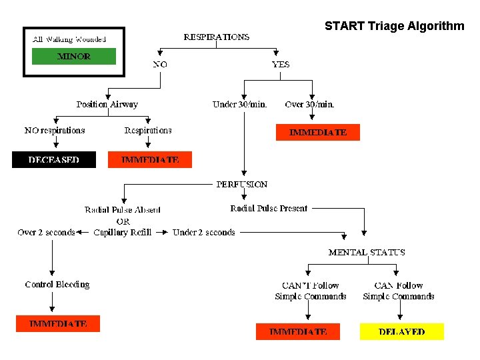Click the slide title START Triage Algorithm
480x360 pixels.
(x=394, y=26)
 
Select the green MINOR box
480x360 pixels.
(x=74, y=56)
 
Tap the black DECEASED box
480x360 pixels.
(x=53, y=160)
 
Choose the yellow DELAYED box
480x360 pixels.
(x=401, y=331)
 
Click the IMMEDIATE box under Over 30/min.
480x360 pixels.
(x=317, y=132)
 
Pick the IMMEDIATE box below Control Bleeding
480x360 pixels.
(x=58, y=323)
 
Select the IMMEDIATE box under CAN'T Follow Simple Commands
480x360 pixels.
(x=297, y=331)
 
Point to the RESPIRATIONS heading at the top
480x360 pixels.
(x=217, y=37)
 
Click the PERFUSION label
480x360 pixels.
(x=241, y=184)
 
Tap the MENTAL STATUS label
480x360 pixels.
(x=367, y=252)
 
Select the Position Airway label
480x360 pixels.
(x=107, y=104)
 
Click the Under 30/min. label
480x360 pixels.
(x=239, y=104)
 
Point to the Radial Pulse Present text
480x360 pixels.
(x=269, y=208)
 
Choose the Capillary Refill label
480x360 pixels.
(x=123, y=232)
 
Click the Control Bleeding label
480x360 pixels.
(x=57, y=284)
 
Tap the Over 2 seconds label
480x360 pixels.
(x=46, y=232)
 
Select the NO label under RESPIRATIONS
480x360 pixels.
(x=160, y=64)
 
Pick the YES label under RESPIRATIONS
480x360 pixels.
(x=281, y=64)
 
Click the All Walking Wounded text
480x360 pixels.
(x=69, y=39)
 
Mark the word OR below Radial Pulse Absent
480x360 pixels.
(x=123, y=221)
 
